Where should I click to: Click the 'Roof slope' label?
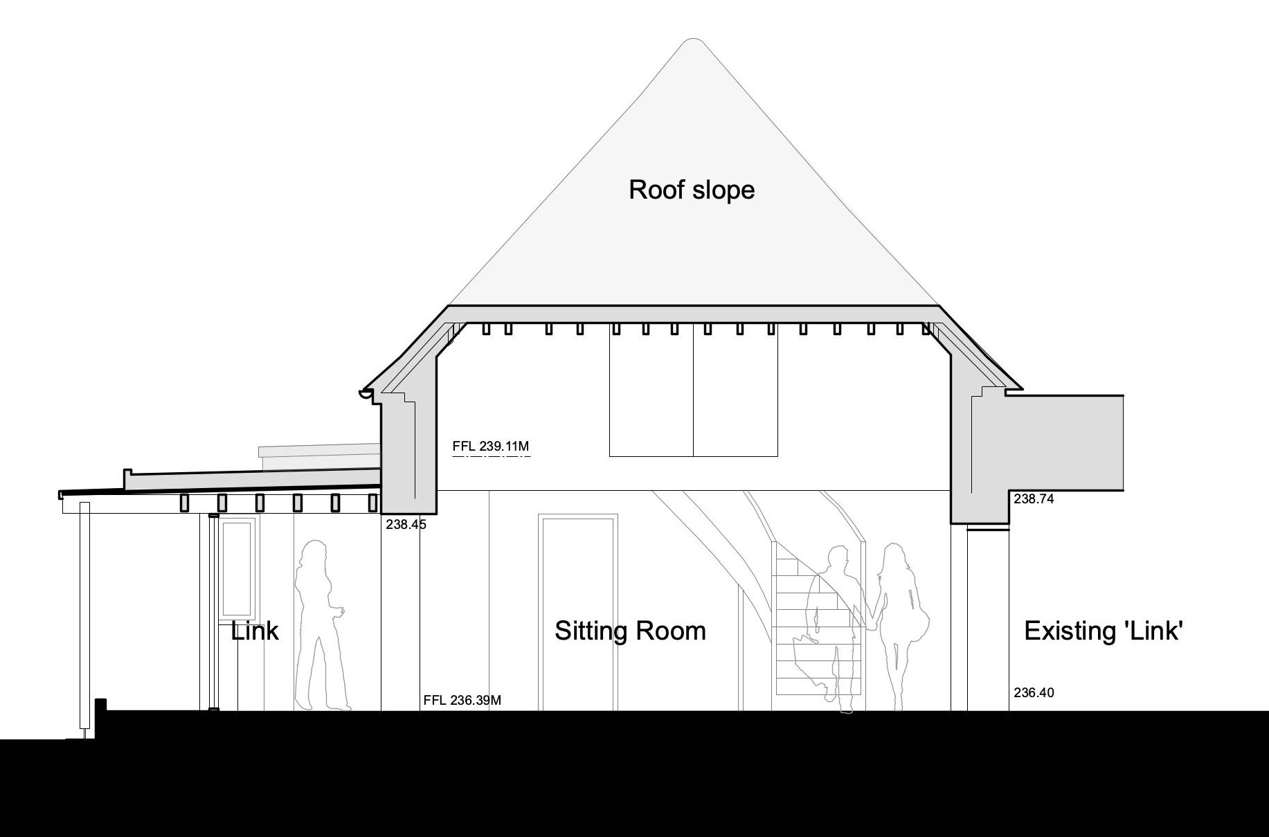(x=692, y=190)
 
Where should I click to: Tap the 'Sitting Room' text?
(x=630, y=631)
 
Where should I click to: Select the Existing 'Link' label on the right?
(x=1103, y=631)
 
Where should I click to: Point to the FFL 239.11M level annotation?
(x=491, y=447)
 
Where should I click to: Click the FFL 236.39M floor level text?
(x=462, y=700)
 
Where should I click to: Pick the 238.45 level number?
(x=406, y=525)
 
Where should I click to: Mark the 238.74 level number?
(x=1034, y=498)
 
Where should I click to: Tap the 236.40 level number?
(x=1034, y=692)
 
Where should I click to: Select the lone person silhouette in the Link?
(x=320, y=624)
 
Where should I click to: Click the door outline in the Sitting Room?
(x=578, y=613)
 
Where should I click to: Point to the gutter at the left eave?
(x=366, y=395)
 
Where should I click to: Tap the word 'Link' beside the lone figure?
(x=255, y=631)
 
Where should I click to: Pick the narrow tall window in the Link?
(x=237, y=567)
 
